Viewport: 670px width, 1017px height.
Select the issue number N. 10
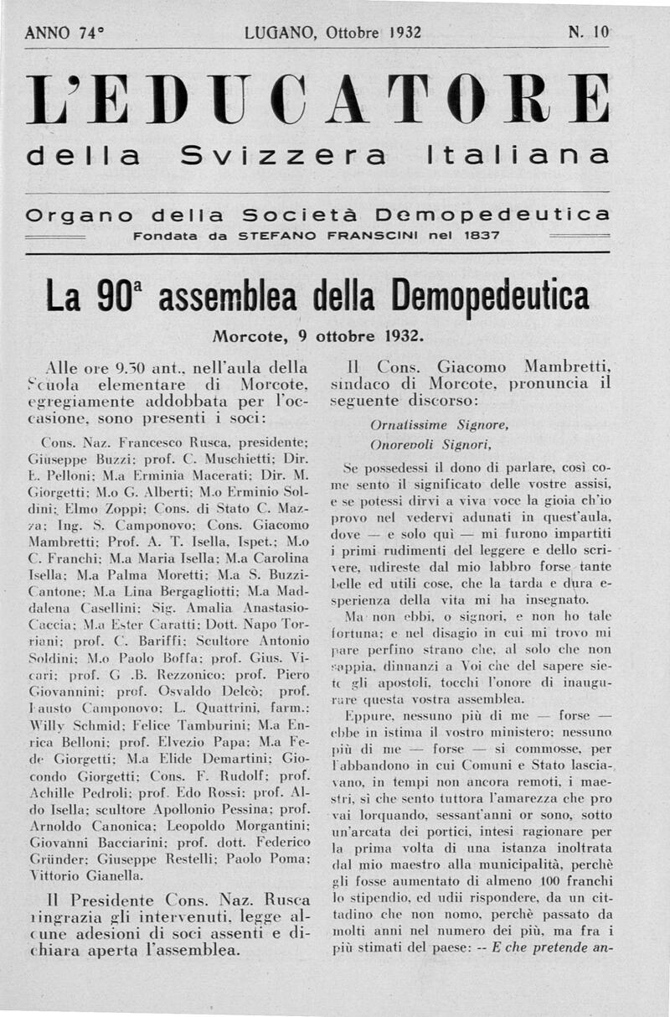click(589, 34)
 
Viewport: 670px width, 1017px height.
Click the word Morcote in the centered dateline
click(249, 337)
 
